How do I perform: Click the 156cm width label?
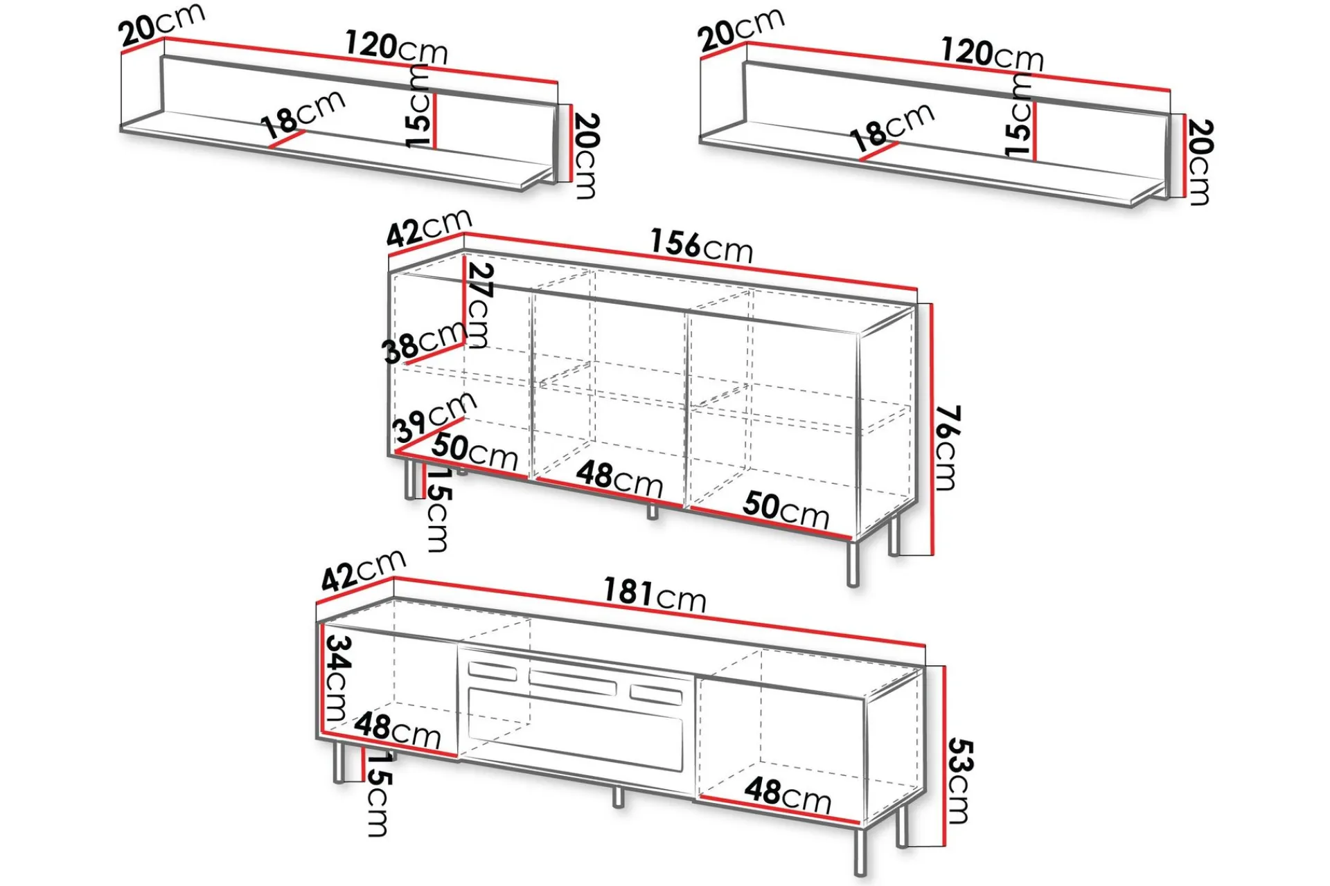pos(701,246)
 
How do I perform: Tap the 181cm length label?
pos(655,595)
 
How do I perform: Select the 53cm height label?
pos(959,780)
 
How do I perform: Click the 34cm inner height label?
pos(337,678)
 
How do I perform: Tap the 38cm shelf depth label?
pos(424,342)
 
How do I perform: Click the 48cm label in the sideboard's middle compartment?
pos(619,478)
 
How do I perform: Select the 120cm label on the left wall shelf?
pos(396,48)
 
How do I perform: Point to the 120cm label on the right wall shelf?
pos(992,54)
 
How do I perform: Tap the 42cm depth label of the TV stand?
pos(364,570)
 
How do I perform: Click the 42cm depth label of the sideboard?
pos(429,227)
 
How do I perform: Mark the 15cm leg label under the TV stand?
pos(378,794)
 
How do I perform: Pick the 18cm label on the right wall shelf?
pos(892,128)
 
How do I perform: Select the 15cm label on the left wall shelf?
pos(418,106)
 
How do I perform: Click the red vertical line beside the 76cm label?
pos(932,429)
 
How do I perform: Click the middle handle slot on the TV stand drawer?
pos(572,682)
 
